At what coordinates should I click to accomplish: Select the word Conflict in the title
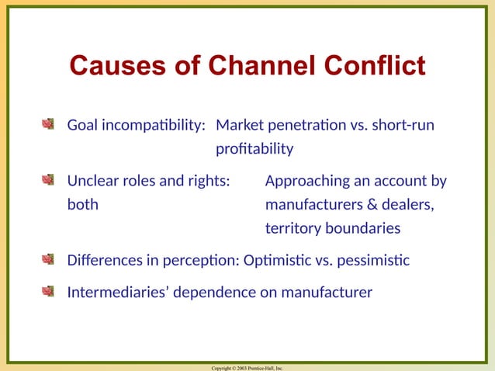[376, 66]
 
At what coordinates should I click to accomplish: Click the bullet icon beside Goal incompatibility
[49, 124]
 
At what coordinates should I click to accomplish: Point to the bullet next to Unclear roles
[49, 181]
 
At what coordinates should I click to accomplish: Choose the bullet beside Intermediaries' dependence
[49, 292]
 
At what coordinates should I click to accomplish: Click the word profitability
[254, 148]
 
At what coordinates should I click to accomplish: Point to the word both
[82, 206]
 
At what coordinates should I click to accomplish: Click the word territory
[293, 229]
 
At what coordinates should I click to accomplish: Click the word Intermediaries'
[116, 293]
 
